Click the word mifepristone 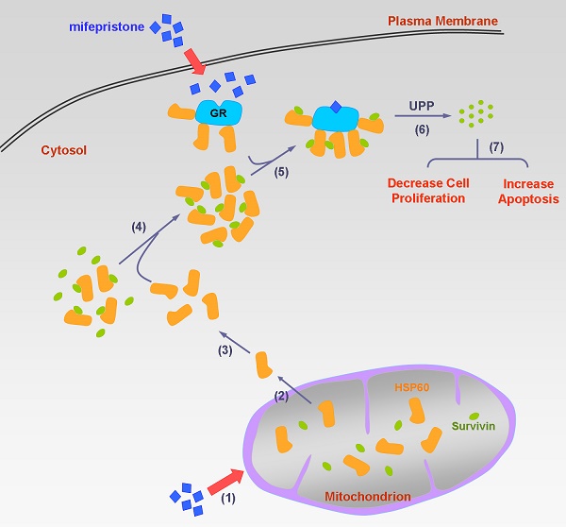pyautogui.click(x=104, y=27)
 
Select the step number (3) pyautogui.click(x=225, y=350)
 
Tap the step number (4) pyautogui.click(x=139, y=227)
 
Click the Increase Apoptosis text pyautogui.click(x=530, y=191)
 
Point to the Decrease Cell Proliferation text pyautogui.click(x=427, y=191)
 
